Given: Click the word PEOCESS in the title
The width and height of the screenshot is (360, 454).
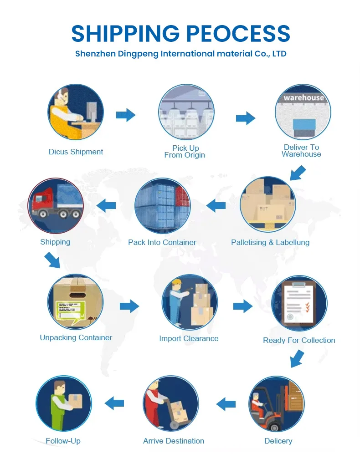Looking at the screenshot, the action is click(x=238, y=33).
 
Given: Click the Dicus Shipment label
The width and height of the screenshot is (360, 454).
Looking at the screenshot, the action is click(x=76, y=152).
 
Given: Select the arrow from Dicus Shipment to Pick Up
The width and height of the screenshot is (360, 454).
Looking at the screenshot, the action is click(x=126, y=115).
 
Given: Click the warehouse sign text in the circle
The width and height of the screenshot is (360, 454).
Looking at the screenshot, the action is click(x=304, y=97).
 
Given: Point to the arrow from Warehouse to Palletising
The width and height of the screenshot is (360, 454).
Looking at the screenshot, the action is click(x=298, y=173).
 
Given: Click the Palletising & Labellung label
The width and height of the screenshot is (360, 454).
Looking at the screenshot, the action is click(x=270, y=242).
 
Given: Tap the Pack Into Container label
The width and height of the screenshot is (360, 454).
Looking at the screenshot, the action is click(x=162, y=242).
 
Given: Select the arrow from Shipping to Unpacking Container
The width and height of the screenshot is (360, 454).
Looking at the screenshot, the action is click(x=52, y=260).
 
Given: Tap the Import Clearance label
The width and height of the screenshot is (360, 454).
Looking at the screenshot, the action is click(x=189, y=338).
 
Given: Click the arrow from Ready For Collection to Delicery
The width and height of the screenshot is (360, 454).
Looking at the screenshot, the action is click(x=298, y=359).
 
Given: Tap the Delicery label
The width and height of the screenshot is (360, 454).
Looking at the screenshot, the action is click(x=278, y=441).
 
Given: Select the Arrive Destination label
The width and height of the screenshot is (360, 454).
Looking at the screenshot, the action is click(x=174, y=441).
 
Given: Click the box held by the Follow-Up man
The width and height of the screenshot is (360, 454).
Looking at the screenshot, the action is click(x=75, y=401).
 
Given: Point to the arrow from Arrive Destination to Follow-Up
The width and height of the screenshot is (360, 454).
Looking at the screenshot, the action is click(x=114, y=403).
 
